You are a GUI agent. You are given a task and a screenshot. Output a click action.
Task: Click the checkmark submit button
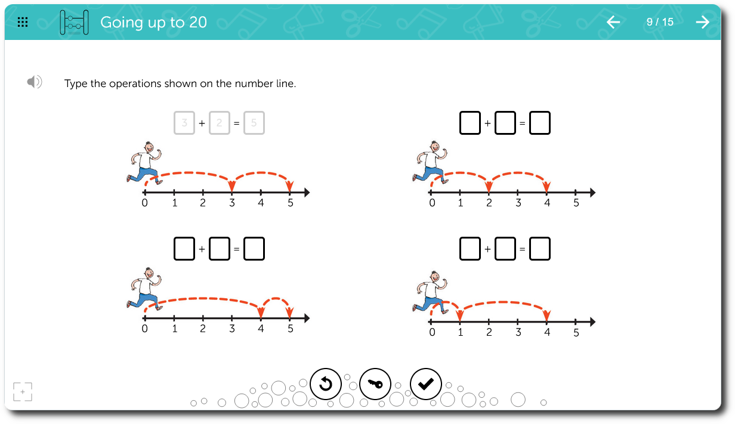(x=425, y=383)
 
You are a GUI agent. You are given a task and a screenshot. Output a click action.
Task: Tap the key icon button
(x=375, y=383)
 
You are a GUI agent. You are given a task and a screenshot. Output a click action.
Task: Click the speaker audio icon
(x=35, y=82)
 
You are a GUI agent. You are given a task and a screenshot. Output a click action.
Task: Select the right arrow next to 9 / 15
(x=703, y=22)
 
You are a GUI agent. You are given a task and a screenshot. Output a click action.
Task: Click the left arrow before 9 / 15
(x=613, y=22)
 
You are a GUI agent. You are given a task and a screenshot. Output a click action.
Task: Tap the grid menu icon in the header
(x=23, y=22)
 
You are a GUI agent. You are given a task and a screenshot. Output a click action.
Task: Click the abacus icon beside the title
(x=74, y=22)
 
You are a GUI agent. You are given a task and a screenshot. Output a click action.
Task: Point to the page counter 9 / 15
(x=660, y=22)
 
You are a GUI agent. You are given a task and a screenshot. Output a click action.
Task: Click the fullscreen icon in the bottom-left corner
(x=23, y=392)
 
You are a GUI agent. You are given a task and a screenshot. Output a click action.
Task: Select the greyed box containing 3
(x=184, y=123)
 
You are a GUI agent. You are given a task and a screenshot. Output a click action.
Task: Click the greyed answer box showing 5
(x=254, y=123)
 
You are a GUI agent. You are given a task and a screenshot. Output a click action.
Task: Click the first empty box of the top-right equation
(x=470, y=123)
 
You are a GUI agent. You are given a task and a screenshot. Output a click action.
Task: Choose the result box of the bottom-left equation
(x=254, y=249)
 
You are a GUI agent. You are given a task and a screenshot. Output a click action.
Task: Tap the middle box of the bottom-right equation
(x=505, y=249)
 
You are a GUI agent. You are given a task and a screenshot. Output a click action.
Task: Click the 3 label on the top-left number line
(x=232, y=203)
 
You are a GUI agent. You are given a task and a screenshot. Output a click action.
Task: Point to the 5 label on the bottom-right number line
(x=576, y=333)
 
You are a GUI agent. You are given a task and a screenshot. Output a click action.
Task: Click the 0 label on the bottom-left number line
(x=145, y=329)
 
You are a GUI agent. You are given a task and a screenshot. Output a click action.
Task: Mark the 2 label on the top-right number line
(x=489, y=203)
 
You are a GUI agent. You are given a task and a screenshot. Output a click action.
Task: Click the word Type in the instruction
(x=76, y=84)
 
